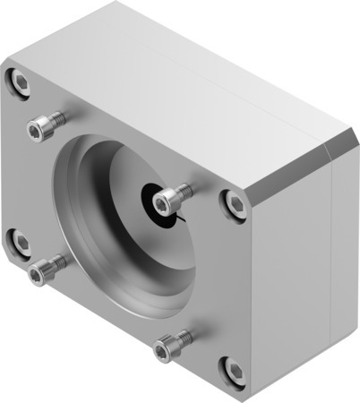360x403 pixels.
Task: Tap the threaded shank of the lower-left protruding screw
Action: [56, 262]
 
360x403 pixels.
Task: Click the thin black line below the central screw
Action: [182, 215]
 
